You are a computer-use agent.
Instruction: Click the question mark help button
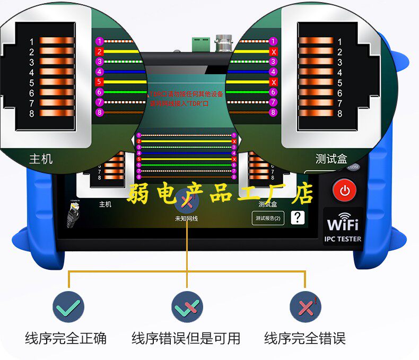(298, 217)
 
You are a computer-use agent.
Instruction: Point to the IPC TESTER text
(343, 239)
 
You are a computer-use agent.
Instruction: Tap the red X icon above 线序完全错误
(305, 306)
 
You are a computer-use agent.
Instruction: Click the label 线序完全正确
(66, 338)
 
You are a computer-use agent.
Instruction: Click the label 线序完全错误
(305, 338)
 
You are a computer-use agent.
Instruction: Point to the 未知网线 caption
(186, 218)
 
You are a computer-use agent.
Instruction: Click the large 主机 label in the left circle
(41, 158)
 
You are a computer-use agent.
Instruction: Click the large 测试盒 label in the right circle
(331, 158)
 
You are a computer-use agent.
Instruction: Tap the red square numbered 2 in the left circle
(99, 51)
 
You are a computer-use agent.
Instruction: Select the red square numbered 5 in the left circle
(99, 82)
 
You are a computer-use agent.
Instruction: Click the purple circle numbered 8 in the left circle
(99, 112)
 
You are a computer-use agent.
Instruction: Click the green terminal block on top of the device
(200, 42)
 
